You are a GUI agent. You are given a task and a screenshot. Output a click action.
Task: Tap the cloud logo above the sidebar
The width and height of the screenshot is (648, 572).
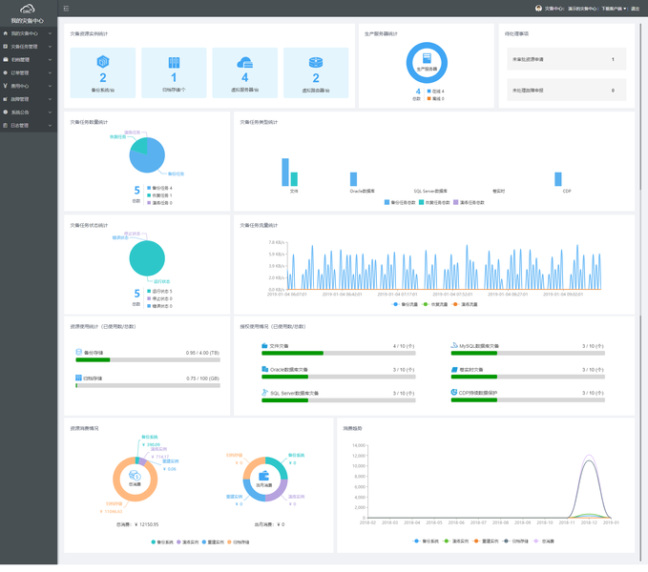point(27,10)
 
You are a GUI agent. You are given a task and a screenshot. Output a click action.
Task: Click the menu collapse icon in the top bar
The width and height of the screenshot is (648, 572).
point(66,9)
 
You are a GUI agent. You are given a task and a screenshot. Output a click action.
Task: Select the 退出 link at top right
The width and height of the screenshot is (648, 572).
point(636,9)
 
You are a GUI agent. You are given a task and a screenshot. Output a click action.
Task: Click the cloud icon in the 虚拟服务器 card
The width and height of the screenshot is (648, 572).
point(245,62)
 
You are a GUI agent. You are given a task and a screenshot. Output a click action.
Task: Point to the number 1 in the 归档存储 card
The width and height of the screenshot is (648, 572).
point(174,78)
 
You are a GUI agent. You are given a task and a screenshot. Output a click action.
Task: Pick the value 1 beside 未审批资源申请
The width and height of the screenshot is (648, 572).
point(613,59)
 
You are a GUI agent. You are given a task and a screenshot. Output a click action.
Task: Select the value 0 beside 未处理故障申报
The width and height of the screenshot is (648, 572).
point(613,91)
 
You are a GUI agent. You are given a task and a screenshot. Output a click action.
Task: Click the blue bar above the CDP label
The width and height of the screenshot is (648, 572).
point(558,179)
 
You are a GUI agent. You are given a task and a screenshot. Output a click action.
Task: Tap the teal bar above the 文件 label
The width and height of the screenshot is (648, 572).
point(294,179)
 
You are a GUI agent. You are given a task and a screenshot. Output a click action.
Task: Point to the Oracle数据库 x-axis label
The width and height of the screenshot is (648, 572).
point(362,192)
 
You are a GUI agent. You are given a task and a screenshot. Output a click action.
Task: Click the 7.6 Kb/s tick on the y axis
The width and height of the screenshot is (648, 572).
point(276,243)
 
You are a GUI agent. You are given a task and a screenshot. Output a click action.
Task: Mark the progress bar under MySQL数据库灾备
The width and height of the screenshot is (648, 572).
point(528,353)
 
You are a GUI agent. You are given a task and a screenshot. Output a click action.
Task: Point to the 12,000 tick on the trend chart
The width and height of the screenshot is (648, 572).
point(359,456)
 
